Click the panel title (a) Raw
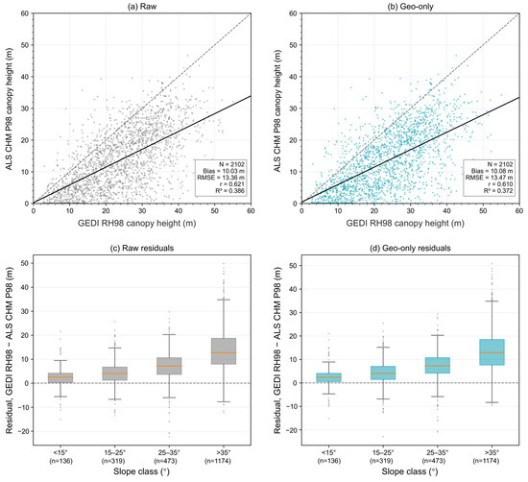(x=142, y=6)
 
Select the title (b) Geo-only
(x=410, y=6)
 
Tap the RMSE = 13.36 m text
(x=221, y=178)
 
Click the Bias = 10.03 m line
(x=224, y=171)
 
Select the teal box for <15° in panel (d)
(x=328, y=377)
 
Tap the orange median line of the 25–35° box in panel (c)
(x=169, y=366)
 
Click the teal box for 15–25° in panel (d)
(x=383, y=373)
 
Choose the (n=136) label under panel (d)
(x=328, y=461)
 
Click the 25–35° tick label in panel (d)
(x=437, y=452)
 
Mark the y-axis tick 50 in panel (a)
(x=25, y=45)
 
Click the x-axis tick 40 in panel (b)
(x=446, y=211)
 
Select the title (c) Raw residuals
(x=142, y=249)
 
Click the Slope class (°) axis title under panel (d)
(x=410, y=471)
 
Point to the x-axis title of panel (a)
(x=136, y=224)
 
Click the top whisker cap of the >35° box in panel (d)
(x=492, y=301)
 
